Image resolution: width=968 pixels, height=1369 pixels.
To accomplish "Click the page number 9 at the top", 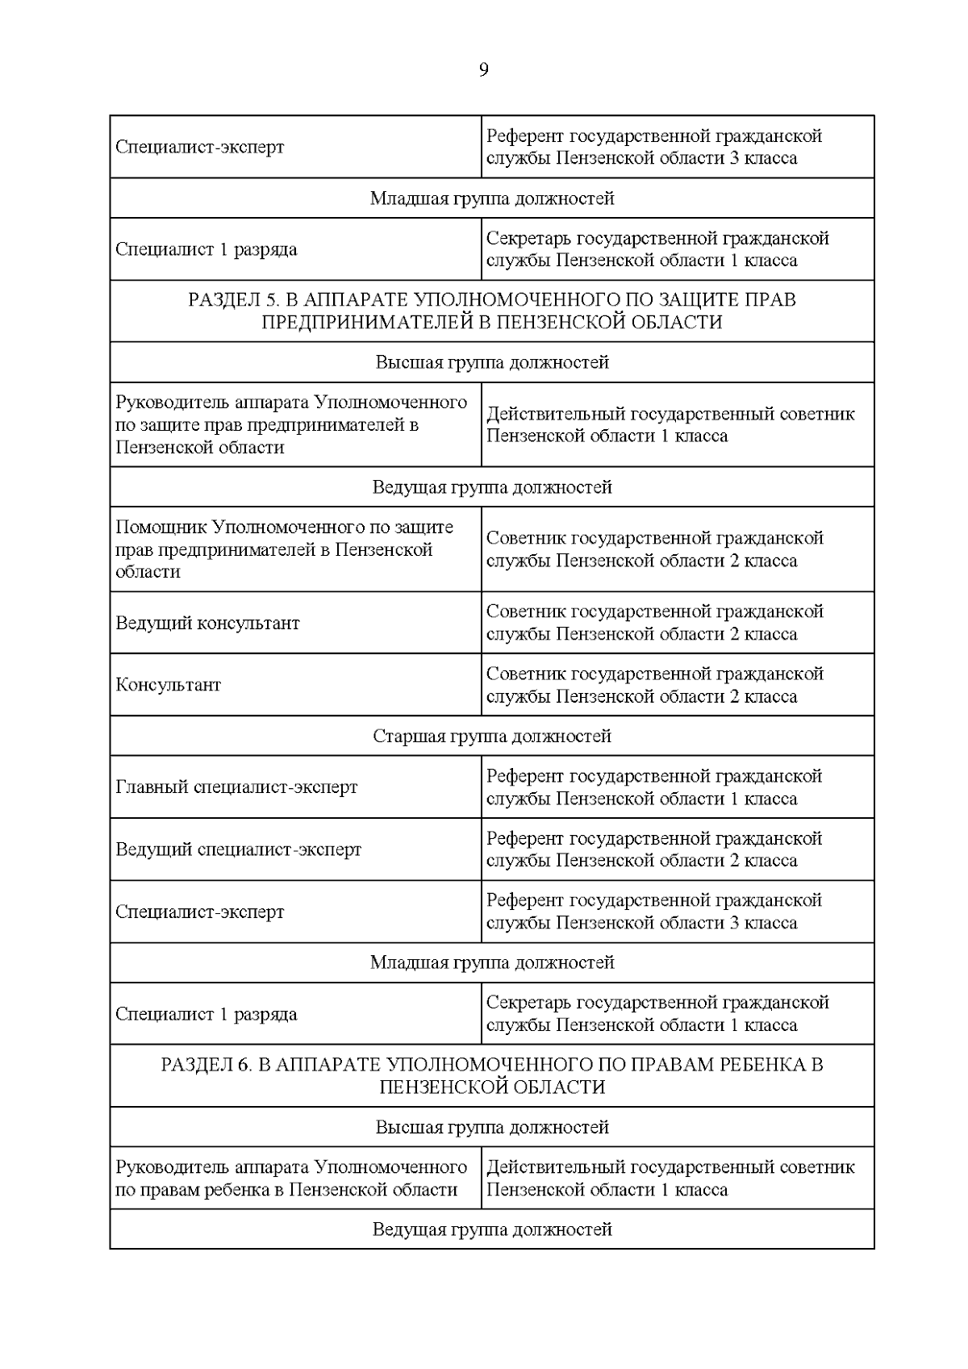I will [x=483, y=70].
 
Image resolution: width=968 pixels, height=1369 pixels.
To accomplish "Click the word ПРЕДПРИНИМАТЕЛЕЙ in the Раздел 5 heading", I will [x=368, y=322].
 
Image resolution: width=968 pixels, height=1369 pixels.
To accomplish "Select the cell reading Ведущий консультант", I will [x=207, y=623].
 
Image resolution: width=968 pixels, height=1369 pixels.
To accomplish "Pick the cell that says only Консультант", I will [x=169, y=685].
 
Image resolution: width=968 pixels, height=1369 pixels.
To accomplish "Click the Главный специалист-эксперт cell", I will [x=236, y=787].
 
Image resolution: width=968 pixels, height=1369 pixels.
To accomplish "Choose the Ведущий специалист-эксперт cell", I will [x=239, y=849].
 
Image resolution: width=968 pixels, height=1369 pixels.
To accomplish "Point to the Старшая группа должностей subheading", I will [x=492, y=737].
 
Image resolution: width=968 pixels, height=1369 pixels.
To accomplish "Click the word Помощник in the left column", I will [x=161, y=528].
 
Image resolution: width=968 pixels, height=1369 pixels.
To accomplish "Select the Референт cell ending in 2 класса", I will [x=653, y=849].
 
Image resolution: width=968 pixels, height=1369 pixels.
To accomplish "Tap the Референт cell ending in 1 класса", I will [x=653, y=787].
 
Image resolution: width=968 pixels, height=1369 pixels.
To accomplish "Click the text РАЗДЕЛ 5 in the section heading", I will [x=233, y=300].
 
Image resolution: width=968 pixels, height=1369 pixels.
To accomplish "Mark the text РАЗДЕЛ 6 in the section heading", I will [x=207, y=1065].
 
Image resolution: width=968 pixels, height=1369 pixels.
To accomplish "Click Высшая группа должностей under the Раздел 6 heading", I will [x=492, y=1127].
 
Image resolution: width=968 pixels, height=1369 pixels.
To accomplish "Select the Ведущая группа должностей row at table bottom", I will [x=492, y=1229].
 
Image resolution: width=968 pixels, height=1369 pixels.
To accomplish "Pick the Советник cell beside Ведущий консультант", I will [x=654, y=623].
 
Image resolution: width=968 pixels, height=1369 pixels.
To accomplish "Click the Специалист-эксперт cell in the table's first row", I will [x=200, y=148].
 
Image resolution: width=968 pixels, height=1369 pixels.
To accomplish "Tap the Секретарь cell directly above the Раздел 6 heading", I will [x=657, y=1014].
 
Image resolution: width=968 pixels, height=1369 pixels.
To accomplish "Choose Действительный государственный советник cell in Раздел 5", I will [x=670, y=425].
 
